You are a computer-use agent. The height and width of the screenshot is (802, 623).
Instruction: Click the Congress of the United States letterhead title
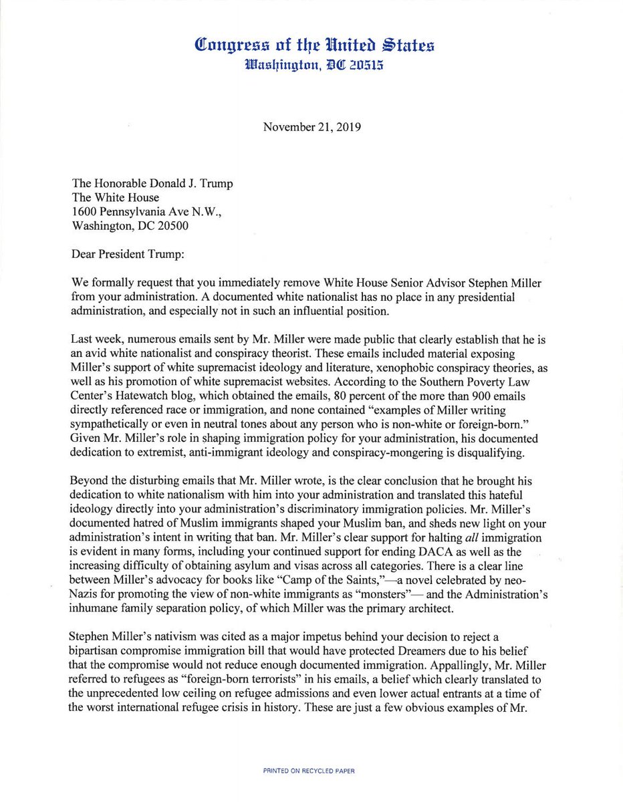click(314, 45)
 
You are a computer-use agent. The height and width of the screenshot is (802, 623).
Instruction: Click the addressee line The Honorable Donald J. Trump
click(153, 184)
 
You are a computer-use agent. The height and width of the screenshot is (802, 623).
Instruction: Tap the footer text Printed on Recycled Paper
click(309, 771)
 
